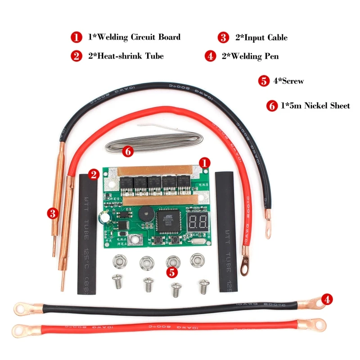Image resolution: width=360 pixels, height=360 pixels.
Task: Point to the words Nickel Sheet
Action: [327, 106]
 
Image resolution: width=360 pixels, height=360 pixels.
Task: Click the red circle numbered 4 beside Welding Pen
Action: [210, 56]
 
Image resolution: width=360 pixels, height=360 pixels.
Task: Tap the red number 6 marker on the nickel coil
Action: [128, 152]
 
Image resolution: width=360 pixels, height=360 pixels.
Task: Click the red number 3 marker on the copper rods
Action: [54, 213]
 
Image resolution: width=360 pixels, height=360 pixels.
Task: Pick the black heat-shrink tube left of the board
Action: [87, 234]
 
